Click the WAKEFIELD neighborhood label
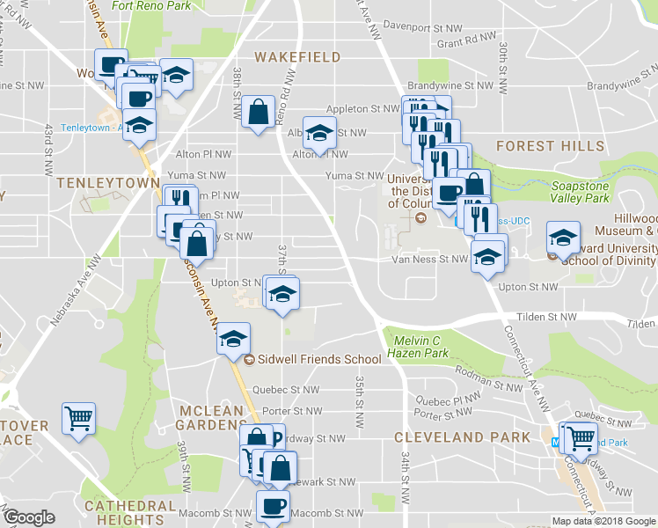point(297,57)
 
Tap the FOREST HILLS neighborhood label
point(537,146)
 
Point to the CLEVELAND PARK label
point(463,437)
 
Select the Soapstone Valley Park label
point(580,193)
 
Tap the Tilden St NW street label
point(546,317)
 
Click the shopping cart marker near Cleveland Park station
point(580,436)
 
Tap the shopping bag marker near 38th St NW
point(259,112)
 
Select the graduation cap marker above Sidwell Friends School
point(234,338)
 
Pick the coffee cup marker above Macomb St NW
point(273,506)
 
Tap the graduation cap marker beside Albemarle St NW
point(320,133)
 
